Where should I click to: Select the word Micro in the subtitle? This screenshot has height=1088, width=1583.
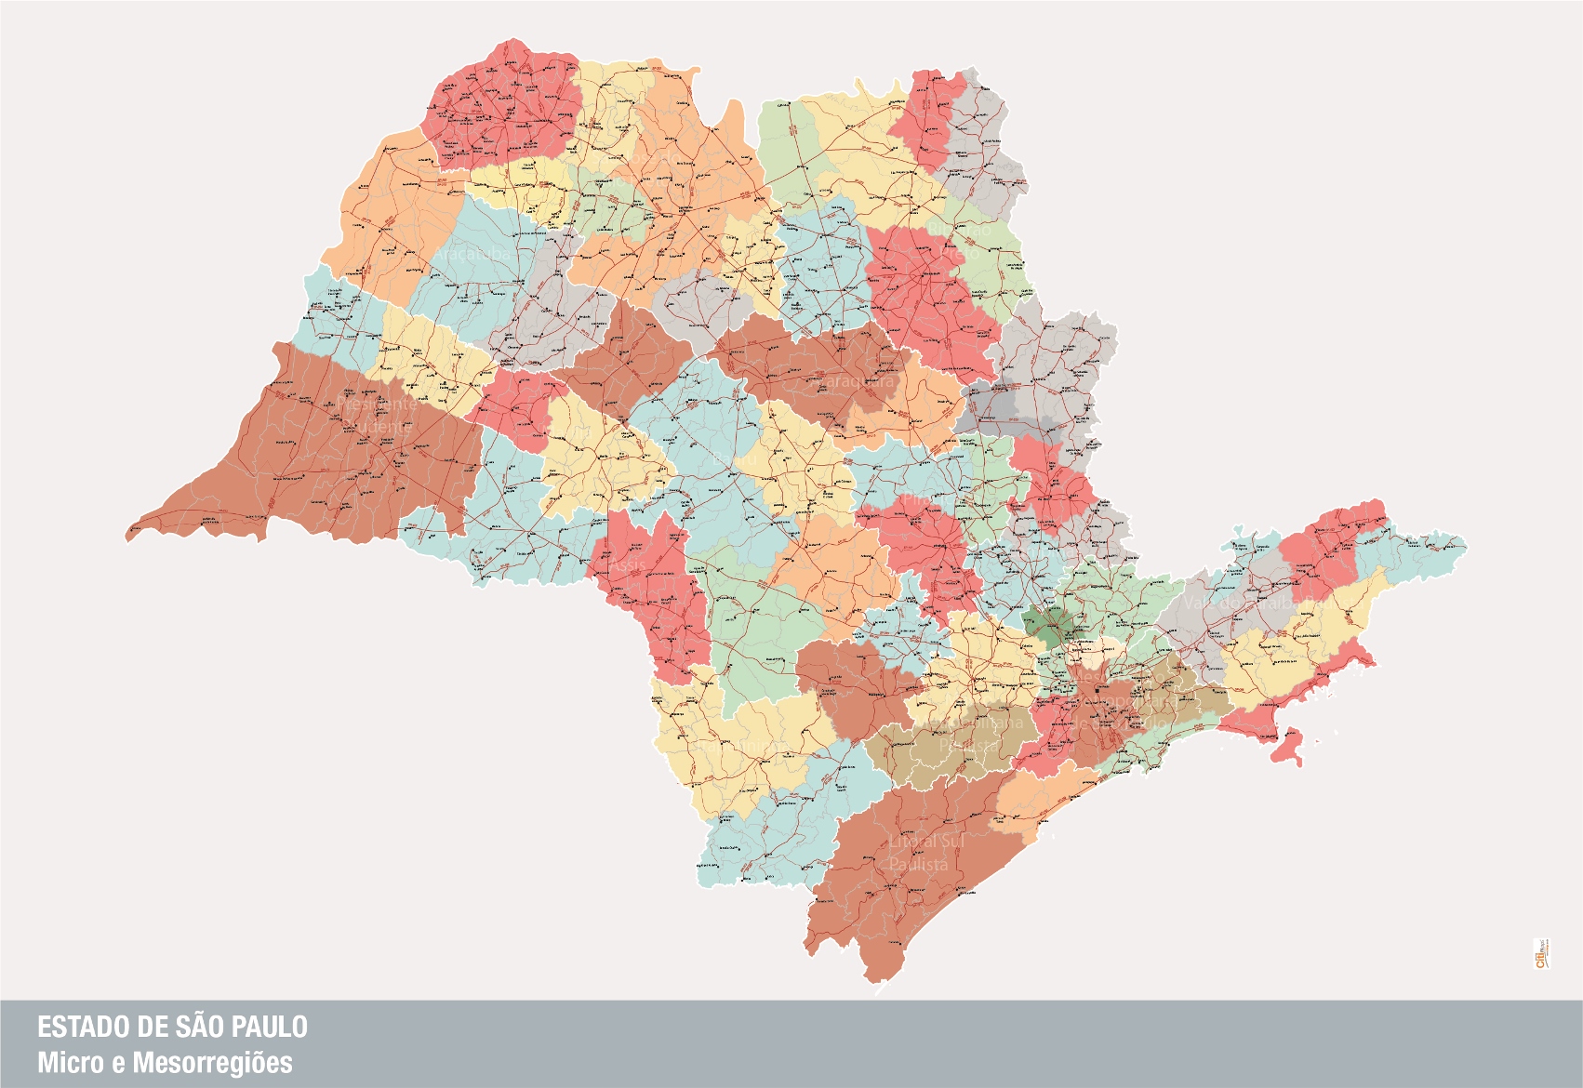tap(64, 1062)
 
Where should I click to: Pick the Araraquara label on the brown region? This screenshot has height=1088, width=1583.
tap(856, 381)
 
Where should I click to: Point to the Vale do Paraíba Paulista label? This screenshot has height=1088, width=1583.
tap(1242, 603)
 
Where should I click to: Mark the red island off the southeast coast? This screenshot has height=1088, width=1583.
tap(1291, 748)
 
